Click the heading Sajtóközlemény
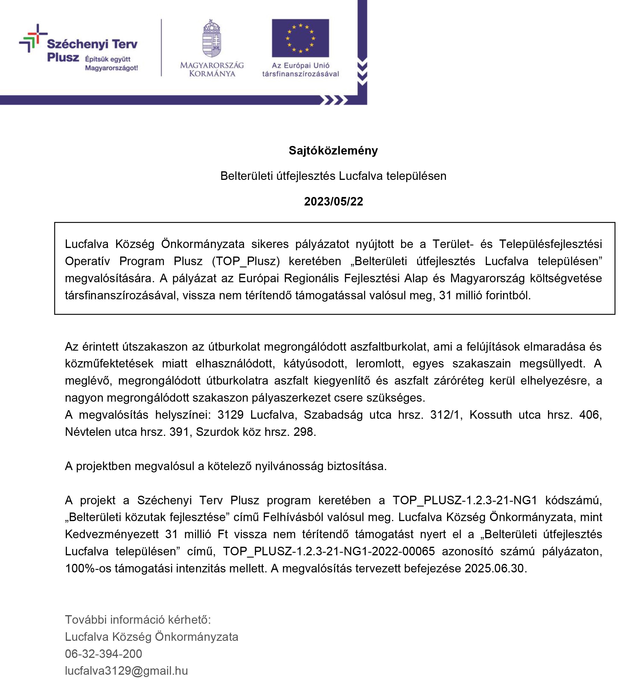pyautogui.click(x=333, y=151)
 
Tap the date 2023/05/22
pyautogui.click(x=333, y=201)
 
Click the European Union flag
pyautogui.click(x=300, y=38)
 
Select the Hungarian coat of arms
pyautogui.click(x=212, y=38)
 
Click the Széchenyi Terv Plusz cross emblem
pyautogui.click(x=33, y=38)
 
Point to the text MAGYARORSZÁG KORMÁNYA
pyautogui.click(x=212, y=69)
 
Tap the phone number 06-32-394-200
pyautogui.click(x=103, y=654)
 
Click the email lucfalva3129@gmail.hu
pyautogui.click(x=126, y=671)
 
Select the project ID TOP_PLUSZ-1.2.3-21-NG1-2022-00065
pyautogui.click(x=329, y=551)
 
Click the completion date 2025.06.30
pyautogui.click(x=494, y=568)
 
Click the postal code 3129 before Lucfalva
pyautogui.click(x=230, y=415)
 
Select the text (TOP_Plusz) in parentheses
pyautogui.click(x=246, y=261)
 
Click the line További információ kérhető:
pyautogui.click(x=138, y=619)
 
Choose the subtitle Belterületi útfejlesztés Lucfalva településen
pyautogui.click(x=333, y=176)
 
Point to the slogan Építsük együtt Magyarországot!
pyautogui.click(x=111, y=63)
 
